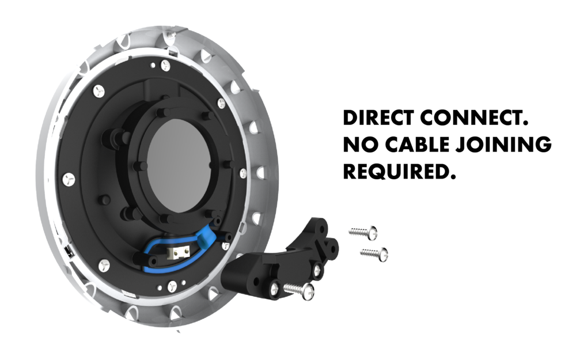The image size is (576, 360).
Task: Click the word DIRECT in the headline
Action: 379,118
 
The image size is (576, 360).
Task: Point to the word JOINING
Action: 504,145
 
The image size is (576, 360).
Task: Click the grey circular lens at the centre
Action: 179,166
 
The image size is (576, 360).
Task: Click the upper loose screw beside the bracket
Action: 363,233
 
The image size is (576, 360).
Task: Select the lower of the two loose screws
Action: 374,254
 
